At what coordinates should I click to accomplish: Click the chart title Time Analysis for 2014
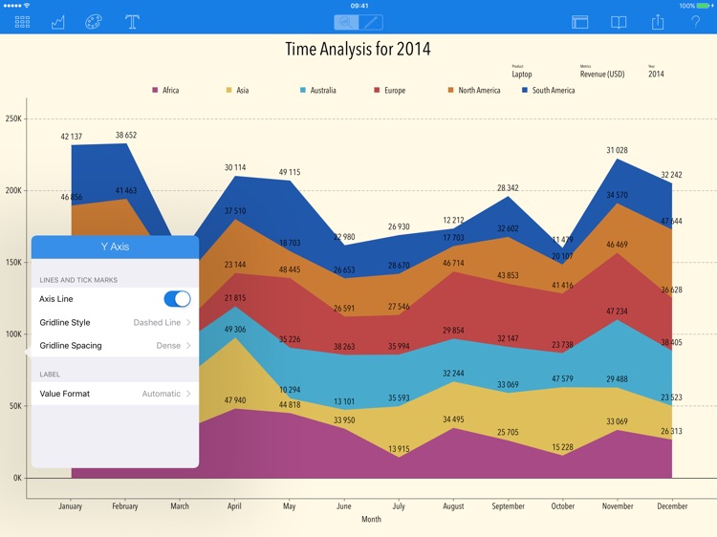tap(358, 49)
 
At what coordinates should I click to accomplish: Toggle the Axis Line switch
tap(177, 299)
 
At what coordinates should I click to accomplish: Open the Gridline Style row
tap(115, 323)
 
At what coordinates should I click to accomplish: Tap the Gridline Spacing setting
tap(115, 346)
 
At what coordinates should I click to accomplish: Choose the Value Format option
tap(115, 394)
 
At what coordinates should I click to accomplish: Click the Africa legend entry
tap(165, 91)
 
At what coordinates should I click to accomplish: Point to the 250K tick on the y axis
tap(13, 119)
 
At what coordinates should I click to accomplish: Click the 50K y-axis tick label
tap(14, 406)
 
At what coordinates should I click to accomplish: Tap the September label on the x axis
tap(508, 506)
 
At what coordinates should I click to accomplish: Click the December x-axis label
tap(672, 506)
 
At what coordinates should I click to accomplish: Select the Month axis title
tap(371, 520)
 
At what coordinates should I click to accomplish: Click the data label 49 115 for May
tap(289, 173)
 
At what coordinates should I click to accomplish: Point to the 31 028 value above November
tap(617, 150)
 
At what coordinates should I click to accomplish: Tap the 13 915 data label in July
tap(399, 449)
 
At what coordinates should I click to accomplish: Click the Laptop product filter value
tap(522, 75)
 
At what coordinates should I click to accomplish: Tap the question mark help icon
tap(695, 22)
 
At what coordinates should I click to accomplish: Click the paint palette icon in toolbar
tap(93, 22)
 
